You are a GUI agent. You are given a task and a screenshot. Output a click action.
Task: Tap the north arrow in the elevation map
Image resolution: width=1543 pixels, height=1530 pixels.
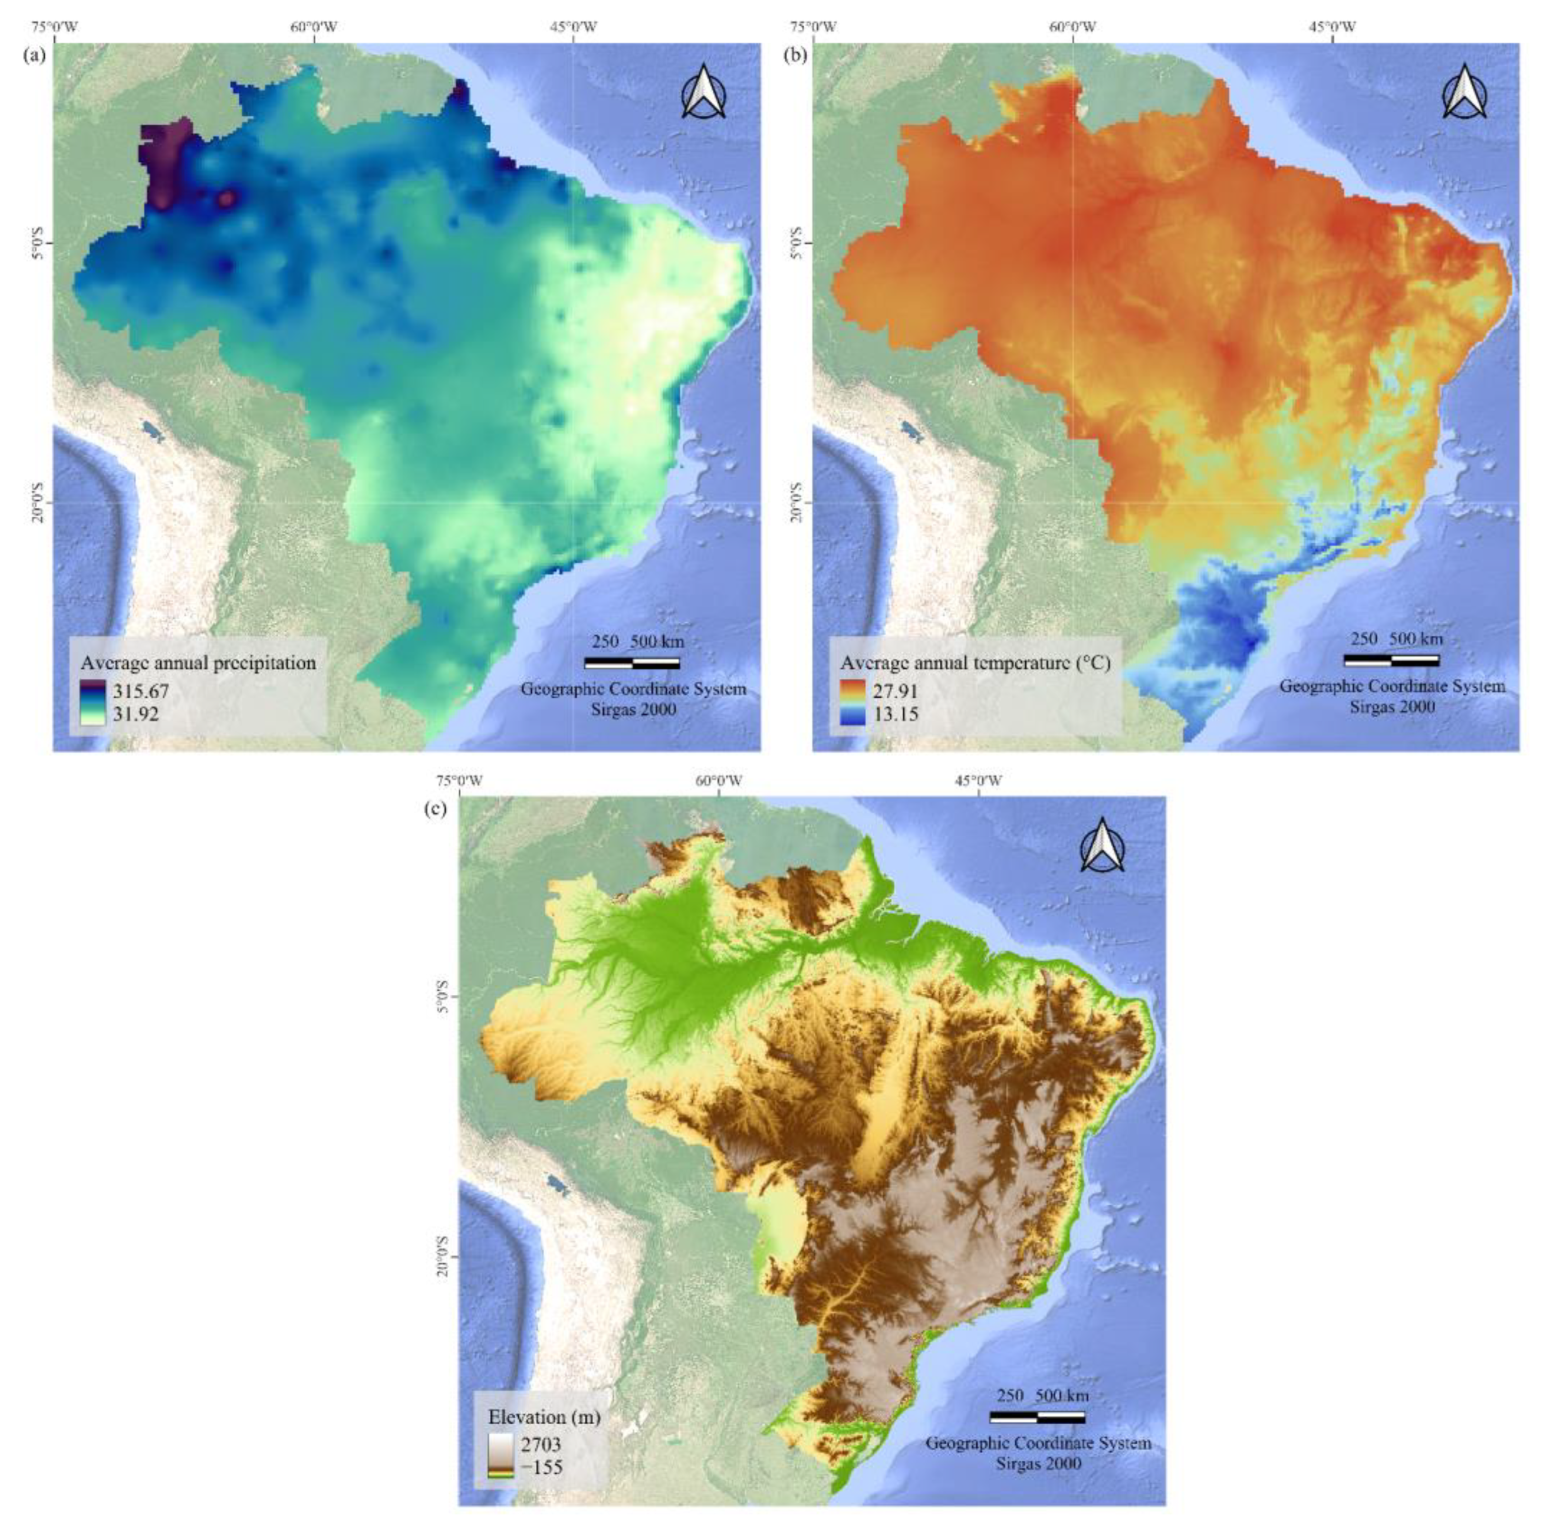coord(1102,846)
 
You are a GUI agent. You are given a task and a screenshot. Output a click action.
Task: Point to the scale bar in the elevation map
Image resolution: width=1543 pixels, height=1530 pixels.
coord(1037,1417)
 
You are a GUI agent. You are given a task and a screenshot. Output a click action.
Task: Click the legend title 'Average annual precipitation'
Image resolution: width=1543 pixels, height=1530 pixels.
coord(198,663)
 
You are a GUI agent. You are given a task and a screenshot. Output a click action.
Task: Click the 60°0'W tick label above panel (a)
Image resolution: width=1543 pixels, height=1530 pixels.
coord(314,27)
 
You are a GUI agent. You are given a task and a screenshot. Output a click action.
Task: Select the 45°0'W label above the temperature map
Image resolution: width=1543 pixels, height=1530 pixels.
coord(1331,27)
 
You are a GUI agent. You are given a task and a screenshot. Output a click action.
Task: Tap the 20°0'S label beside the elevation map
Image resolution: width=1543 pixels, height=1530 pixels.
coord(443,1256)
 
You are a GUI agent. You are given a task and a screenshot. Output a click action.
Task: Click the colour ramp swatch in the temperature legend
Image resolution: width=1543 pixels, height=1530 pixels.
coord(852,702)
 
